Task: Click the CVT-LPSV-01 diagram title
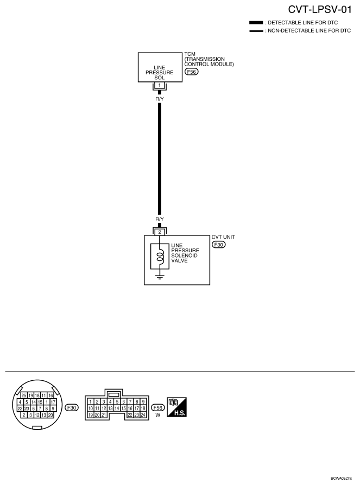click(320, 10)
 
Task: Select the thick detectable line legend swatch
click(256, 23)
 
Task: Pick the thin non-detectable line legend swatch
click(256, 31)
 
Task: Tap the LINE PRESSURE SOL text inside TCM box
click(160, 73)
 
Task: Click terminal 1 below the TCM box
click(160, 85)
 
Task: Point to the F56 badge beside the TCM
click(191, 72)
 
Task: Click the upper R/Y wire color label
click(160, 99)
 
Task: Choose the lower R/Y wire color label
click(160, 219)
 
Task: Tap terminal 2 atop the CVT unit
click(160, 232)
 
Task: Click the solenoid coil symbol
click(160, 256)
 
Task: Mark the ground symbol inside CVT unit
click(160, 276)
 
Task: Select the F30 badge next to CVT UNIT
click(218, 245)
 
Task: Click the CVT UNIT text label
click(223, 237)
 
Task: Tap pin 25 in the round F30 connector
click(24, 395)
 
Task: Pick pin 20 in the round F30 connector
click(50, 415)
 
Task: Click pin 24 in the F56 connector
click(143, 415)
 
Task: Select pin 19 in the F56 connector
click(90, 415)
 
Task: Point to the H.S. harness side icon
click(177, 407)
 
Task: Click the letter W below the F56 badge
click(158, 415)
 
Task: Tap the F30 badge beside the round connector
click(72, 407)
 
